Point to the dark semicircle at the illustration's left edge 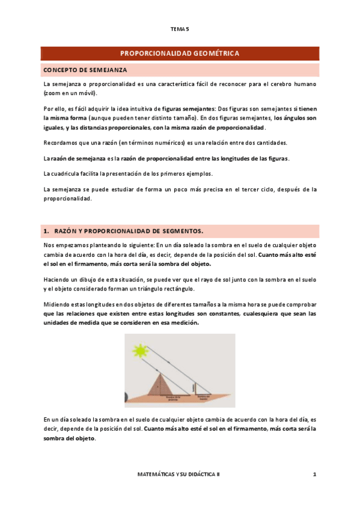pos(126,396)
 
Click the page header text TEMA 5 pos(180,29)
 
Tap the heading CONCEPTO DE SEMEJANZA pos(85,70)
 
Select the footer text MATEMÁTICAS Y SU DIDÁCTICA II pos(179,475)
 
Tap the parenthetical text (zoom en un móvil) pos(70,93)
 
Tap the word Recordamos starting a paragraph pos(63,143)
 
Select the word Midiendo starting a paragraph pos(58,305)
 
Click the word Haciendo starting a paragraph pos(59,280)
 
